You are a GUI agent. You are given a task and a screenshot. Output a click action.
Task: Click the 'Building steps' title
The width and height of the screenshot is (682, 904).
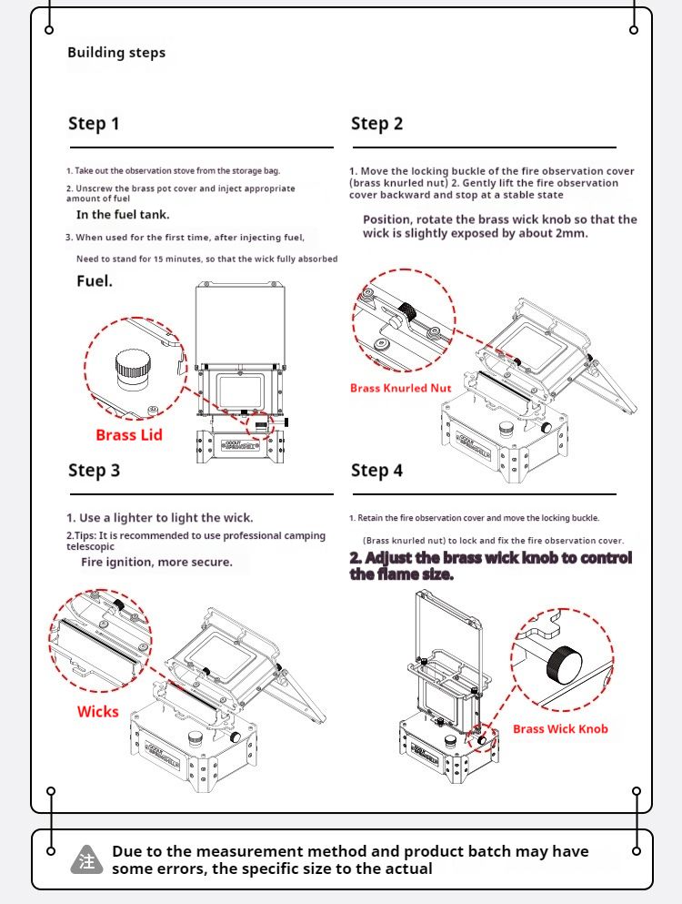point(116,53)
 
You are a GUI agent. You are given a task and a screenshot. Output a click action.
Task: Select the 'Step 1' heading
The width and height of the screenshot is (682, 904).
point(94,124)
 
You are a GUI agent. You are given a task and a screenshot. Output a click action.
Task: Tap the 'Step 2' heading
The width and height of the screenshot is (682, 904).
point(376,124)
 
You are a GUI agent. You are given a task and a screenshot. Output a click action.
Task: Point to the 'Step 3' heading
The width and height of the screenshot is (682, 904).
point(94,471)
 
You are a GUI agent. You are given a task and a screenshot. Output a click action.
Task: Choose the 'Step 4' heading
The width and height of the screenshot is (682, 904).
point(376,471)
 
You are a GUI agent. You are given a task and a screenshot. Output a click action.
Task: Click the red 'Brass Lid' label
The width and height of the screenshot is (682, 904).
point(129,435)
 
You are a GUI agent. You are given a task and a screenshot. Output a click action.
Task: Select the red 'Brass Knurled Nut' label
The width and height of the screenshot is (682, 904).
point(400,388)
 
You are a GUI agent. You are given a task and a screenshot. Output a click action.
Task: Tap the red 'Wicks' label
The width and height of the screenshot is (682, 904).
point(97,712)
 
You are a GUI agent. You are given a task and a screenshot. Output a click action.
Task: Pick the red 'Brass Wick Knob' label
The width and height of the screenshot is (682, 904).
point(560,728)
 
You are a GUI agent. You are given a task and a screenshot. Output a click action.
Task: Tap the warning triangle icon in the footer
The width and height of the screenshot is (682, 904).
point(87,860)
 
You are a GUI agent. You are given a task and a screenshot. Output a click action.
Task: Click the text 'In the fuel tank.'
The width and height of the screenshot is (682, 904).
point(123,215)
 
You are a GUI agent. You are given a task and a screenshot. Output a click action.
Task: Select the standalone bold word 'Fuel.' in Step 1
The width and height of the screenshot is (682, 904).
point(95,281)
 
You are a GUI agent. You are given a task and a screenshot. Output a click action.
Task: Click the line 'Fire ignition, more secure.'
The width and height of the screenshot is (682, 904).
point(156,563)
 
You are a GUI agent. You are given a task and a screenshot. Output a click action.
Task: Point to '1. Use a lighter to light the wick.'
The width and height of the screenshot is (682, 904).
point(159,518)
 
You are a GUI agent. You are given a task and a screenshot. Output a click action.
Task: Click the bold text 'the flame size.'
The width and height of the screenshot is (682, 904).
point(401,575)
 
